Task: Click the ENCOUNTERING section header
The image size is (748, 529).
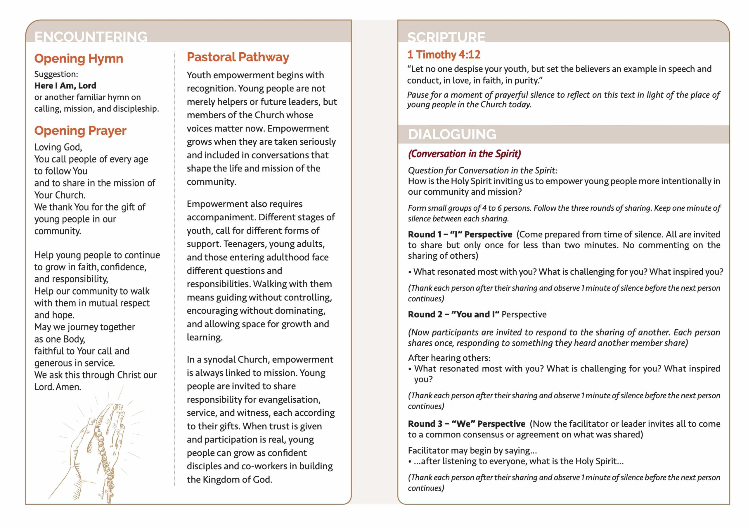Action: tap(91, 37)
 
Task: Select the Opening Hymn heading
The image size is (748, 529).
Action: tap(79, 59)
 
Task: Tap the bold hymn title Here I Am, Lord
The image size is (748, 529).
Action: tap(65, 86)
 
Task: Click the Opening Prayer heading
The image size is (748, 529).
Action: tap(80, 131)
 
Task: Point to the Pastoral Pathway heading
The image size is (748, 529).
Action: tap(238, 57)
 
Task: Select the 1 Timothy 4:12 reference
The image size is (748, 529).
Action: tap(444, 55)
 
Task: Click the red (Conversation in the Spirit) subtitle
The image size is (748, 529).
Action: tap(464, 154)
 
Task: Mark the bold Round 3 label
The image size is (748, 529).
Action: tap(466, 424)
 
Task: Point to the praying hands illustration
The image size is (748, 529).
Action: tap(98, 447)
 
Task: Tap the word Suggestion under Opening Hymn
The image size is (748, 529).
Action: tap(56, 74)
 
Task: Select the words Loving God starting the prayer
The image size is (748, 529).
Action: tap(58, 147)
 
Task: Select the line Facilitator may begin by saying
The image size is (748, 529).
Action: tap(472, 451)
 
